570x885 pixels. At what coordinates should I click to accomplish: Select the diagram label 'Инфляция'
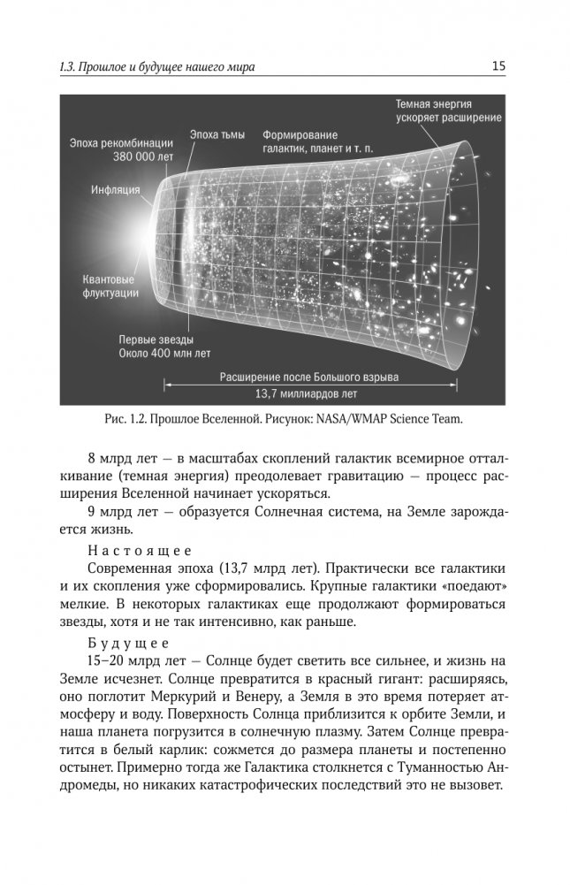click(x=115, y=190)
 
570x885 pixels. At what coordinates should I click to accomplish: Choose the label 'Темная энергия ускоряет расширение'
click(x=448, y=110)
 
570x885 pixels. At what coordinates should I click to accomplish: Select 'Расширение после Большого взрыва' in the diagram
click(x=308, y=377)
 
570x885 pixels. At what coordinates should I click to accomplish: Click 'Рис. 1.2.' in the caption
click(x=125, y=421)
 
